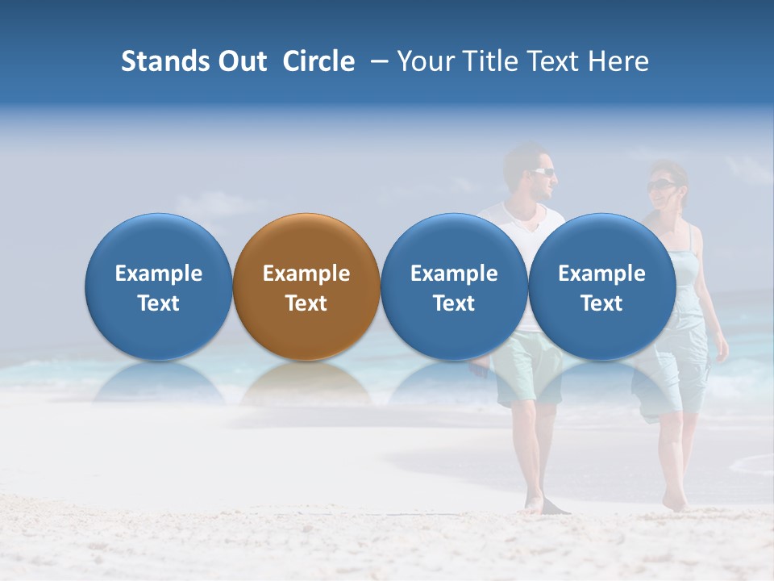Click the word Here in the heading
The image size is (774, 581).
coord(618,61)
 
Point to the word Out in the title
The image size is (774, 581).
coord(239,61)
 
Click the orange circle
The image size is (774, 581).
coord(306,286)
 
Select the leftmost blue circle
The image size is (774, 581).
coord(158,286)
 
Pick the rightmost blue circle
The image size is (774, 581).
coord(601,286)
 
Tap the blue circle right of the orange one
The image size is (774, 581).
coord(454,286)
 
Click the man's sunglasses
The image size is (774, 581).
coord(543,171)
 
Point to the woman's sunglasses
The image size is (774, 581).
coord(660,186)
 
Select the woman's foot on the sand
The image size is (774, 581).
coord(674,502)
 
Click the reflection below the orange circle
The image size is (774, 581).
coord(306,383)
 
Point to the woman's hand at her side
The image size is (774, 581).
coord(719,349)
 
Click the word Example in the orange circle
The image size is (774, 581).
coord(306,274)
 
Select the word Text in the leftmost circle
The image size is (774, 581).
coord(158,303)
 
